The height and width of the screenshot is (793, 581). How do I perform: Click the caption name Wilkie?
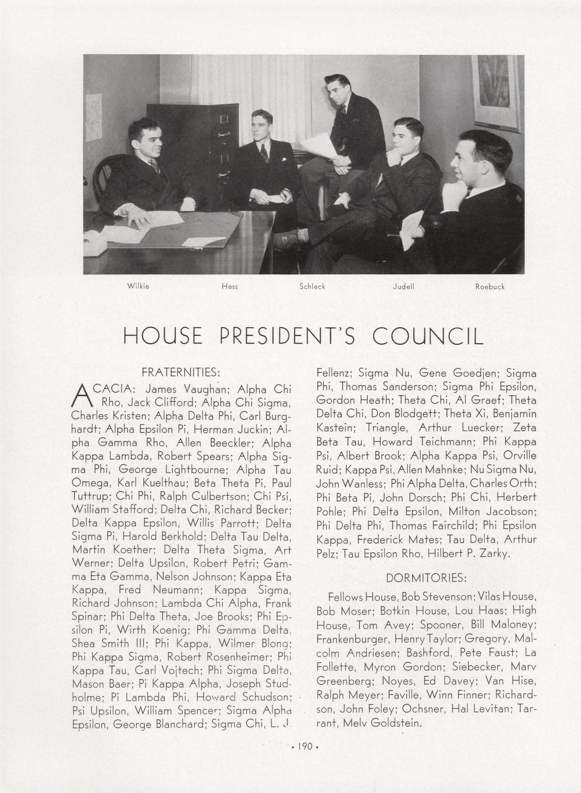(x=138, y=286)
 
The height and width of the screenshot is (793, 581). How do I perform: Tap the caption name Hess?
(x=229, y=286)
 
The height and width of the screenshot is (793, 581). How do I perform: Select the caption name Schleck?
(x=312, y=286)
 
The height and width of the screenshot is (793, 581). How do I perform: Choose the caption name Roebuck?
(x=490, y=286)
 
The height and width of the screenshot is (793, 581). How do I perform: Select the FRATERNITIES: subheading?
(x=182, y=371)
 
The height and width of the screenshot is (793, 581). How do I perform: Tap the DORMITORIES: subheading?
(x=426, y=577)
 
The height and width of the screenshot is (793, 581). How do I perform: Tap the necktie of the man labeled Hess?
(x=264, y=153)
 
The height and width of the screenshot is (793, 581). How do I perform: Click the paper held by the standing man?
(x=317, y=145)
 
